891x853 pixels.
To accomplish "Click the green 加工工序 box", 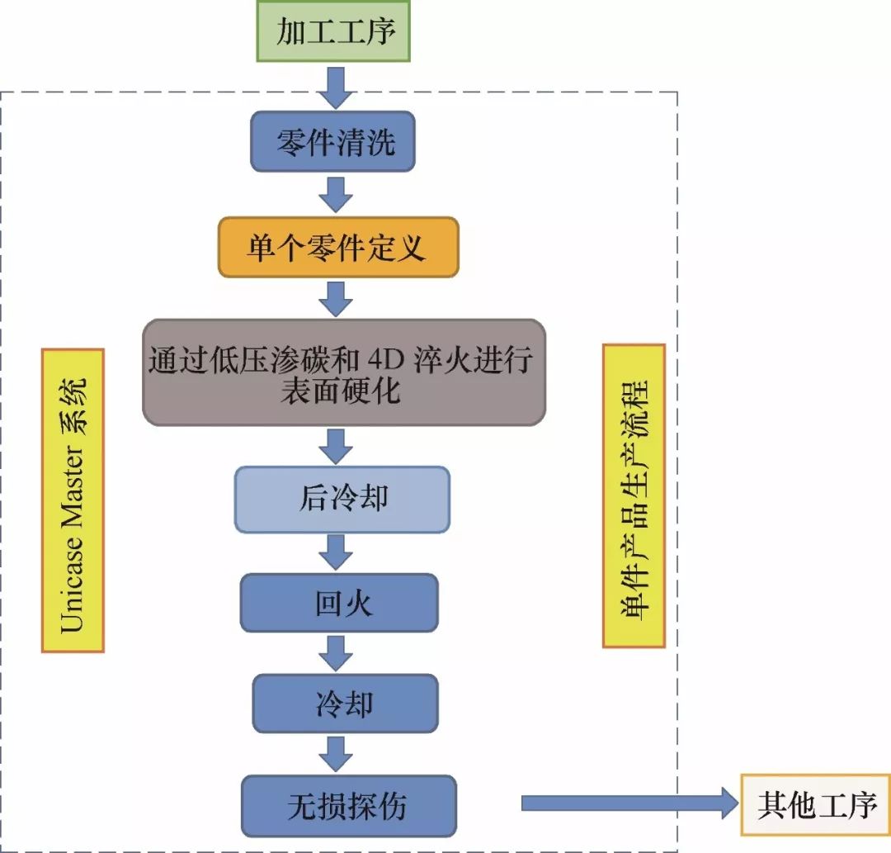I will pyautogui.click(x=333, y=31).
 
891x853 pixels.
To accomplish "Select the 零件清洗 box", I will pyautogui.click(x=332, y=142).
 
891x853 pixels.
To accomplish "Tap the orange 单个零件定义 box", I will pyautogui.click(x=337, y=247).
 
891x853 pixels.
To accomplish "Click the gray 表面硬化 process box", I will pyautogui.click(x=343, y=372).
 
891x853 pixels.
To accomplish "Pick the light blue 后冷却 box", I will pyautogui.click(x=342, y=500).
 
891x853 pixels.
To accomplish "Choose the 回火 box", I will pyautogui.click(x=339, y=603).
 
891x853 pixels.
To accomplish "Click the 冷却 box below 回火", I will pyautogui.click(x=345, y=704).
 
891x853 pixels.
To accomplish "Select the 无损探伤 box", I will pyautogui.click(x=348, y=806).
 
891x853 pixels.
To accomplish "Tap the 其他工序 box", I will pyautogui.click(x=815, y=805).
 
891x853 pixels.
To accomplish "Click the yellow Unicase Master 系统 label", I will pyautogui.click(x=73, y=500).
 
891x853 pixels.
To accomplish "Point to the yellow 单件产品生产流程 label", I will pyautogui.click(x=634, y=495).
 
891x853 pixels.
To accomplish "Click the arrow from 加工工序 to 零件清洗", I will pyautogui.click(x=335, y=87).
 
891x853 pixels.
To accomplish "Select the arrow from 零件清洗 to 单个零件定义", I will pyautogui.click(x=335, y=194).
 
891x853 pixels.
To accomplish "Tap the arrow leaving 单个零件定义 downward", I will pyautogui.click(x=335, y=298).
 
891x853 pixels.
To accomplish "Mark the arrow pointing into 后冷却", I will pyautogui.click(x=335, y=446).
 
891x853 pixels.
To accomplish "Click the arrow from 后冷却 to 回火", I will pyautogui.click(x=335, y=552).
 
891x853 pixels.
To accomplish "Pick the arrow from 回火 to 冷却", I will pyautogui.click(x=335, y=653).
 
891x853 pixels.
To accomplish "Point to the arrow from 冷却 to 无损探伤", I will pyautogui.click(x=335, y=754).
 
